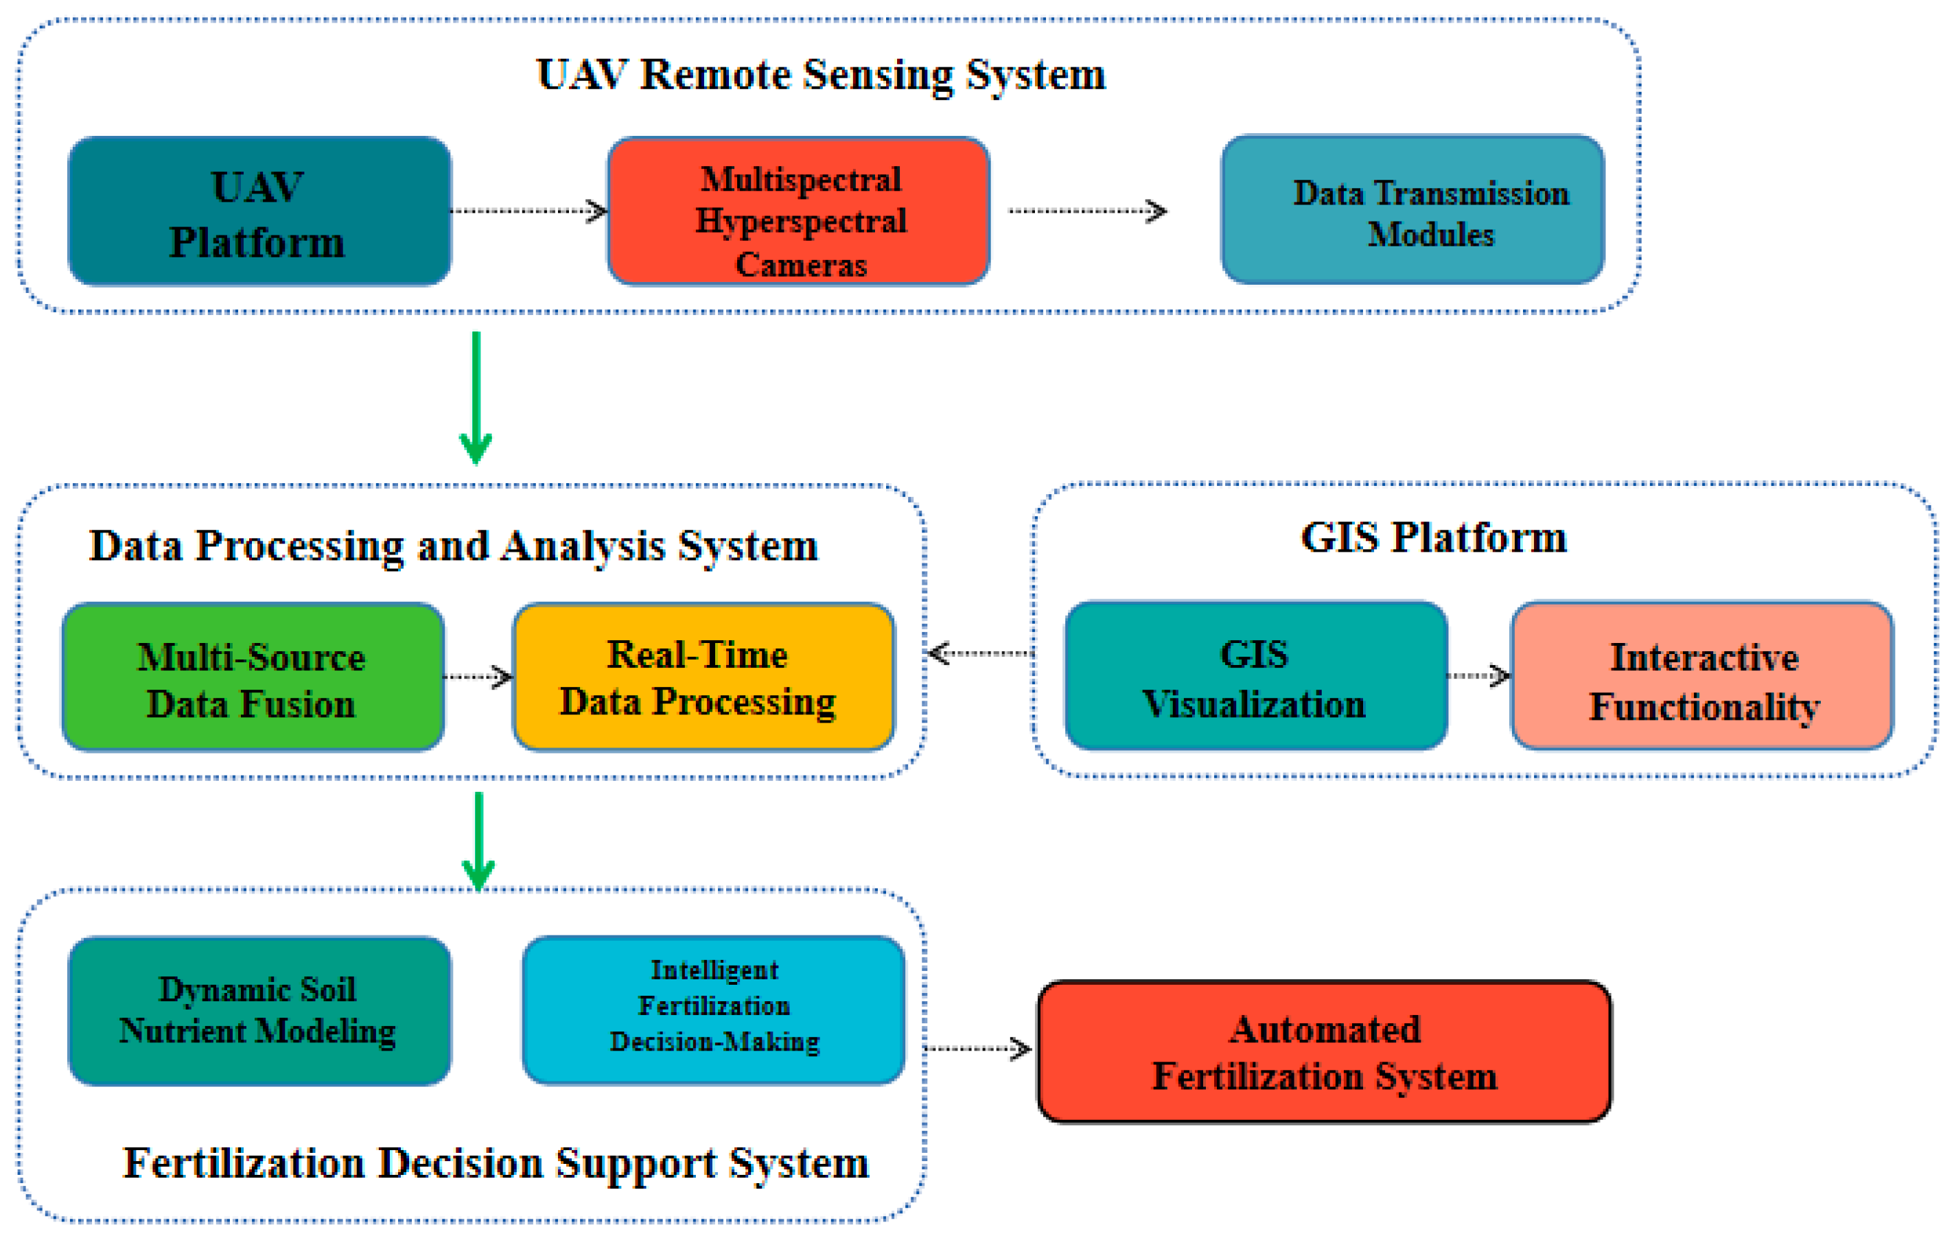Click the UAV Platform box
pos(259,212)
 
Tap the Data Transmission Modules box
pos(1412,211)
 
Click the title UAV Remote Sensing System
pos(820,75)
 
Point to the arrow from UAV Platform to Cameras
pos(529,211)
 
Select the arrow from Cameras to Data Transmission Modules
pos(1087,211)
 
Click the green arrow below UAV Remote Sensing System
pos(476,397)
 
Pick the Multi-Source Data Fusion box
pos(253,677)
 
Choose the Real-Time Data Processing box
pos(703,677)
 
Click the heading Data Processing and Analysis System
pos(454,545)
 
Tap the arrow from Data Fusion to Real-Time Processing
pos(478,677)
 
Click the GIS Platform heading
pos(1433,537)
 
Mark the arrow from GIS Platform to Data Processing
pos(979,653)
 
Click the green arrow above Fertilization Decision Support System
pos(479,841)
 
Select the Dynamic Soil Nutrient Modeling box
pos(259,1012)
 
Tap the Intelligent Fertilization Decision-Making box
pos(713,1010)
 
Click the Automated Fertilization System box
pos(1325,1052)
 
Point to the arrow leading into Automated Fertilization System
pos(978,1048)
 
